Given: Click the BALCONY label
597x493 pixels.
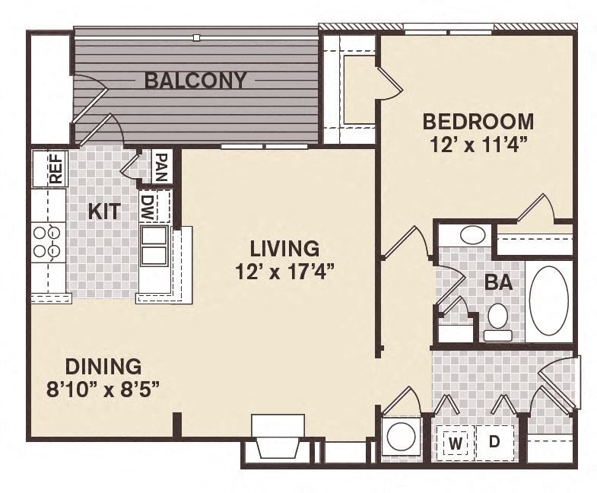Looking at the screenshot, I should point(195,80).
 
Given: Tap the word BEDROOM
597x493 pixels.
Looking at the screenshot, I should point(478,122).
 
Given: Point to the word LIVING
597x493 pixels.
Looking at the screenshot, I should point(285,249).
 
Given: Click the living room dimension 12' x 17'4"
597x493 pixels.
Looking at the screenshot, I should point(285,272).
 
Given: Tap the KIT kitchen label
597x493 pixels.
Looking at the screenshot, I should point(103,211).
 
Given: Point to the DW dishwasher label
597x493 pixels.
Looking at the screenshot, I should point(148,206).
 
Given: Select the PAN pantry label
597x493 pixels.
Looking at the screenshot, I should point(160,165).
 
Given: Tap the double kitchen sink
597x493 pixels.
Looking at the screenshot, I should point(154,245).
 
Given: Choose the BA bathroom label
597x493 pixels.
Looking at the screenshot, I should point(498,284).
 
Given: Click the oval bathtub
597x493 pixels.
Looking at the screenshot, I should point(548,301).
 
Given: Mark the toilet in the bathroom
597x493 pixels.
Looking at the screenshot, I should point(498,320).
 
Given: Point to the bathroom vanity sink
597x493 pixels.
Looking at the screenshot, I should point(472,235).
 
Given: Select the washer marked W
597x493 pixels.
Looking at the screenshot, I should point(456,442).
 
